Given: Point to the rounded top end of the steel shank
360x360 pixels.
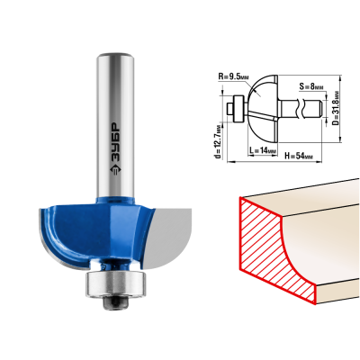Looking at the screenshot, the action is [x=116, y=57].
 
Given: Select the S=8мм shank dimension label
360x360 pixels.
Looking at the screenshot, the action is [x=311, y=87].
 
